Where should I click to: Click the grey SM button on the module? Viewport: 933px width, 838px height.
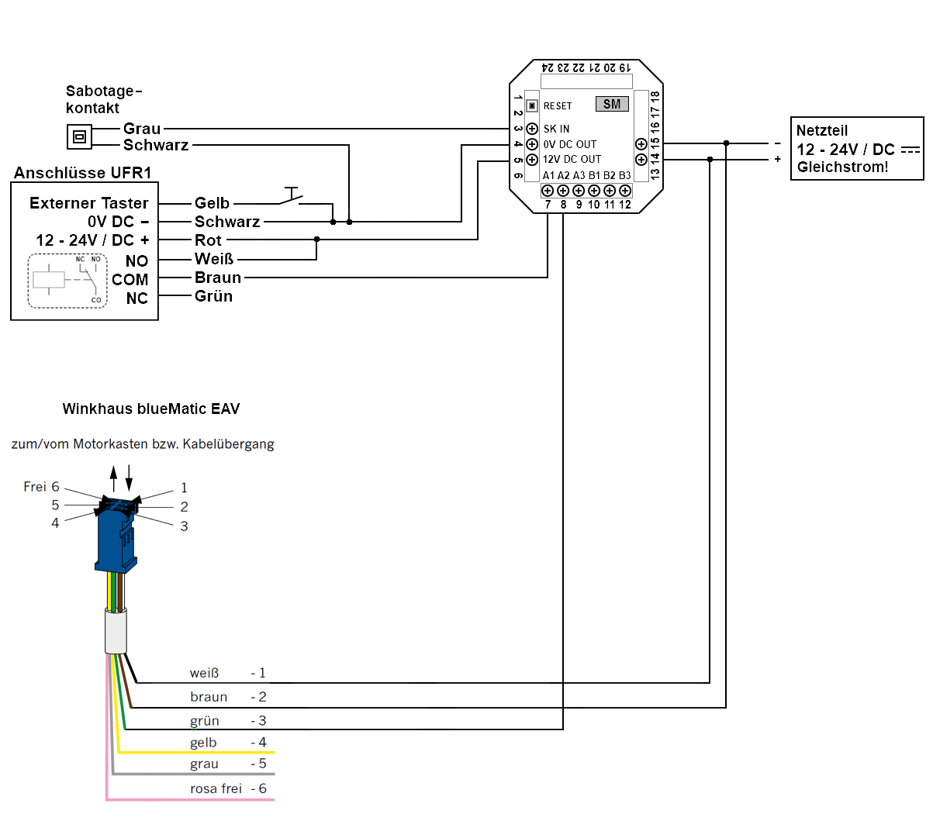coord(612,104)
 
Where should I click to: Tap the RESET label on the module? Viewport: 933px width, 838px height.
coord(558,106)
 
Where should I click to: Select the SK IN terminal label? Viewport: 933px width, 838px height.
coord(556,129)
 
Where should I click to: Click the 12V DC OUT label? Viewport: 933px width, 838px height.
coord(572,159)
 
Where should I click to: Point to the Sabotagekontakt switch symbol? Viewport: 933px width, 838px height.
coord(79,137)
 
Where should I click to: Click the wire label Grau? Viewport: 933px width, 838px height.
coord(142,129)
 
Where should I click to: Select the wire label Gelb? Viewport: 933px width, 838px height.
coord(212,203)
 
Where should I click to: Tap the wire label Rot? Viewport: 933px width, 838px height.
coord(208,240)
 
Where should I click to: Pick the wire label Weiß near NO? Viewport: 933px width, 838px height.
coord(213,259)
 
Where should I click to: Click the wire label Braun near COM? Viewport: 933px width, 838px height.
coord(218,278)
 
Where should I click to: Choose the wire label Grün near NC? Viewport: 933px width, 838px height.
coord(213,296)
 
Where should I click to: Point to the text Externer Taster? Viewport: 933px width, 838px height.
coord(88,203)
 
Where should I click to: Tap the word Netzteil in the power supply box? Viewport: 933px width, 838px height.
coord(822,130)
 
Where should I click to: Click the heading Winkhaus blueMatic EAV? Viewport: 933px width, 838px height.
coord(151,409)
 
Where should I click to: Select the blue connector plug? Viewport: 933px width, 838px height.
coord(116,535)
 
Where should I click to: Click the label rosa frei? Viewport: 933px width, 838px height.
coord(216,788)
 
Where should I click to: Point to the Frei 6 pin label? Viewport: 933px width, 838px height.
coord(41,487)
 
